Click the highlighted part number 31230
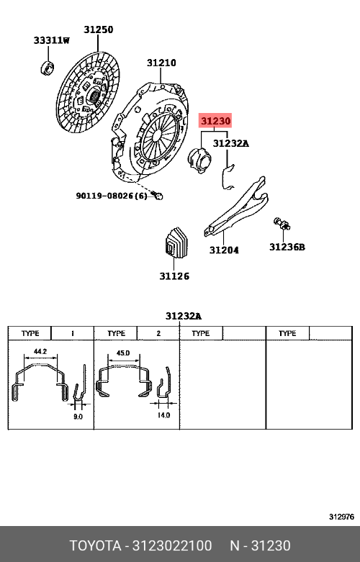coord(215,121)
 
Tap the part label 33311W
coord(52,40)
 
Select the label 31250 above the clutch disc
coord(98,30)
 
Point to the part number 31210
coord(161,63)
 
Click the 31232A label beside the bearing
coord(231,143)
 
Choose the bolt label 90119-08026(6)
coord(112,196)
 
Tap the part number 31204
coord(224,250)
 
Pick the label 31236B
coord(287,247)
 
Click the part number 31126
coord(174,276)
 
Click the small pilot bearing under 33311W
coord(47,68)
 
